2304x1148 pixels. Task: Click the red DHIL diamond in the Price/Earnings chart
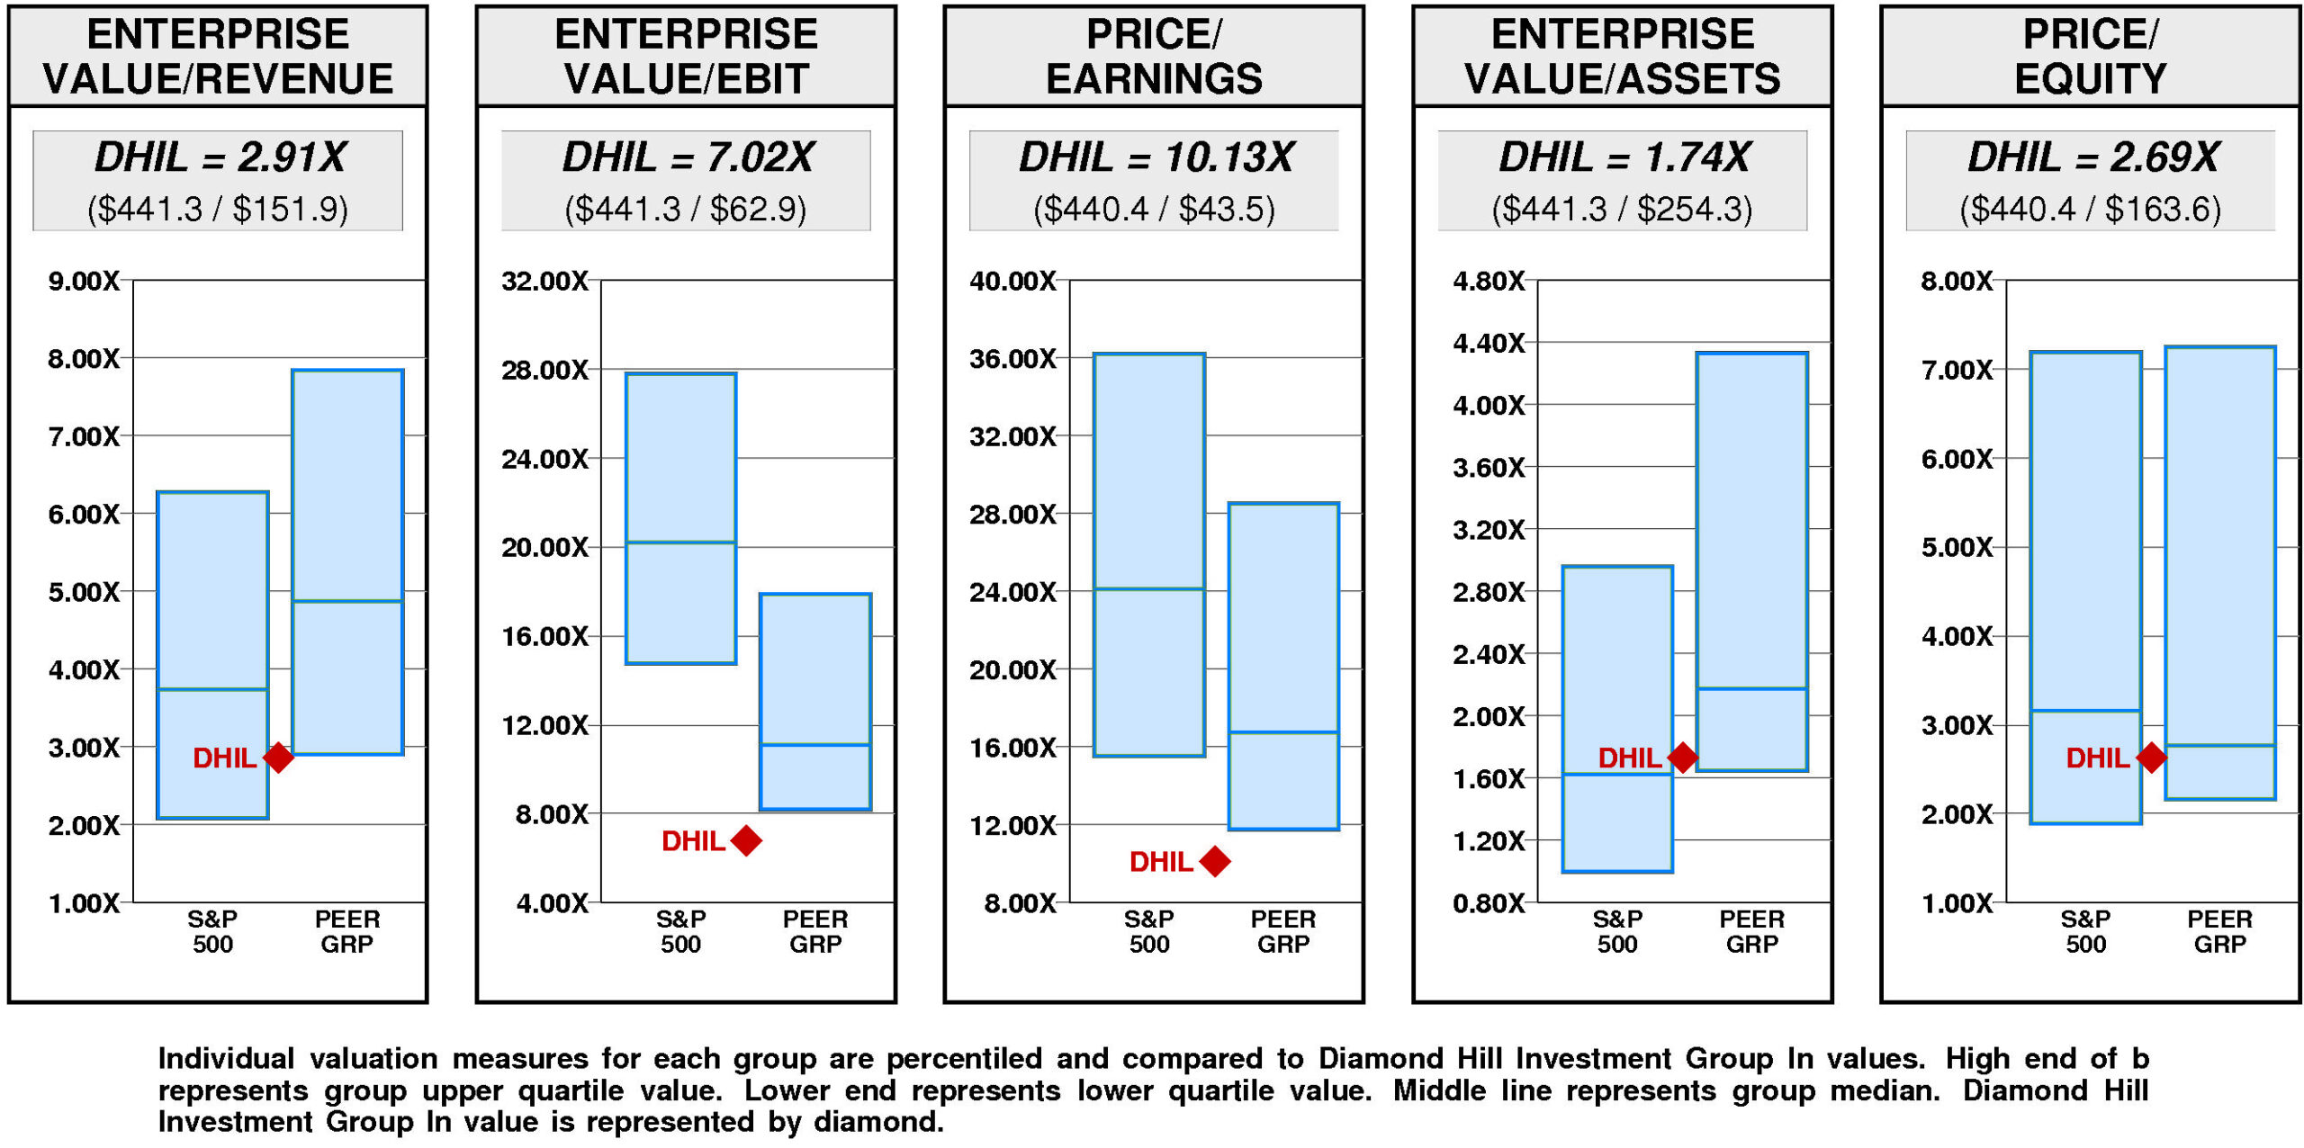pyautogui.click(x=1214, y=861)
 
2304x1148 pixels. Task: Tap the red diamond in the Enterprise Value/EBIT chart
pyautogui.click(x=746, y=840)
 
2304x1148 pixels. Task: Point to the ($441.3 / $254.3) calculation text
pyautogui.click(x=1622, y=209)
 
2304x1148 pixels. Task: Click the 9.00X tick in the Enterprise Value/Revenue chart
pyautogui.click(x=84, y=281)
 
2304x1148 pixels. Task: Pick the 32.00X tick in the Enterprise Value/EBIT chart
pyautogui.click(x=544, y=281)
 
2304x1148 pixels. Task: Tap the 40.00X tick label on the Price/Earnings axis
pyautogui.click(x=1012, y=281)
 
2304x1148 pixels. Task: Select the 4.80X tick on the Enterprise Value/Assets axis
pyautogui.click(x=1489, y=281)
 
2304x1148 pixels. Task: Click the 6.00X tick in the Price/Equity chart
pyautogui.click(x=1957, y=459)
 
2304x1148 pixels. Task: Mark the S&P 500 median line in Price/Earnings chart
pyautogui.click(x=1149, y=588)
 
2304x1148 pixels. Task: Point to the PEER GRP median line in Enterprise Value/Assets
pyautogui.click(x=1751, y=688)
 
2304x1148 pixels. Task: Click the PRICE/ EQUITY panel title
pyautogui.click(x=2090, y=56)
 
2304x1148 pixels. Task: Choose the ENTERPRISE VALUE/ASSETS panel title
pyautogui.click(x=1622, y=56)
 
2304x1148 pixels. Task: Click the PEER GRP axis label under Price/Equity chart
pyautogui.click(x=2219, y=931)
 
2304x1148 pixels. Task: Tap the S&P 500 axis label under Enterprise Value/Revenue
pyautogui.click(x=212, y=931)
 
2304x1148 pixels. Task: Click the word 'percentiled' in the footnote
pyautogui.click(x=964, y=1060)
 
